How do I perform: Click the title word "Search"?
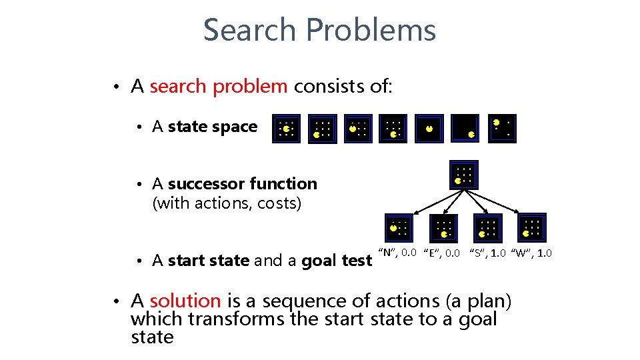point(249,30)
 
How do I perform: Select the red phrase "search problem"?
point(219,87)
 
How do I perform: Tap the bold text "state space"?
point(213,127)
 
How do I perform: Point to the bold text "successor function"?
point(243,183)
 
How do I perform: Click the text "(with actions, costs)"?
point(227,203)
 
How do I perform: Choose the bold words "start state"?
point(209,261)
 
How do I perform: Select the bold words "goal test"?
point(337,261)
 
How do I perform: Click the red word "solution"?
point(185,301)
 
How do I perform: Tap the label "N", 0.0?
point(397,252)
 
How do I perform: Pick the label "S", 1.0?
point(488,253)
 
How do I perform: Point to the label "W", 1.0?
point(531,253)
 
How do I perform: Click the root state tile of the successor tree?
point(464,175)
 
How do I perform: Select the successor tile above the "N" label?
point(398,227)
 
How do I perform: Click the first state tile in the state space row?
point(286,129)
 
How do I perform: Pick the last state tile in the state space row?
point(501,128)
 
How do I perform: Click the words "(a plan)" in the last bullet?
point(479,301)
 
